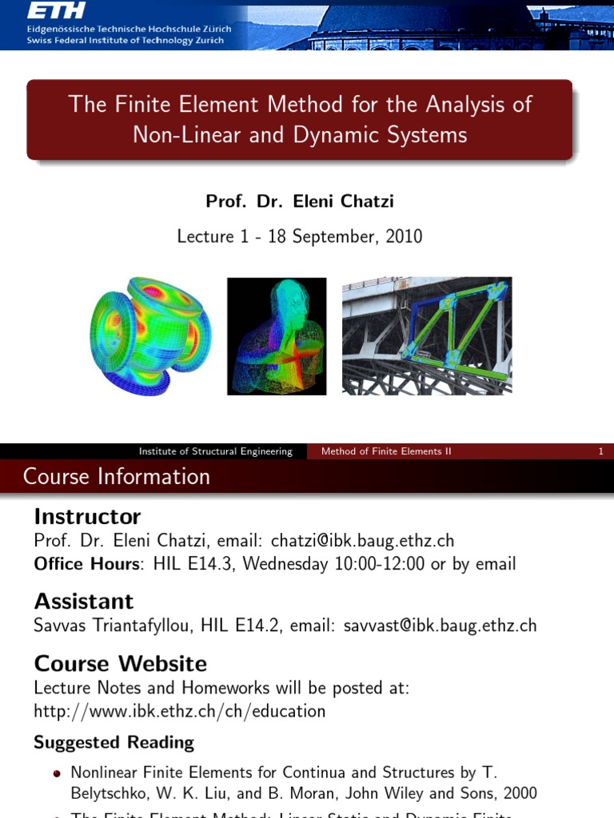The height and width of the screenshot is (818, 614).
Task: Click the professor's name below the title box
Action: click(x=300, y=201)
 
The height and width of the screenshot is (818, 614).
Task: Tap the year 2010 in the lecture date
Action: click(x=403, y=236)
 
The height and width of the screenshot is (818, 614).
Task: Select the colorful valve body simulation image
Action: click(x=150, y=336)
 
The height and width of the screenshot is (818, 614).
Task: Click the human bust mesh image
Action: click(x=277, y=336)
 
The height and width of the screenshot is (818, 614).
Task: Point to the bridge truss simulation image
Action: click(x=427, y=336)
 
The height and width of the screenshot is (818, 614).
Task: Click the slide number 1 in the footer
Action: click(x=600, y=451)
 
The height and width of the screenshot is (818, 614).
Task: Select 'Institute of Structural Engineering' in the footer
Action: click(x=216, y=451)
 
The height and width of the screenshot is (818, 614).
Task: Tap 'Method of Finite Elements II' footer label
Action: click(x=386, y=451)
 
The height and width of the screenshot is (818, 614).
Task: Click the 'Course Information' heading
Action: click(x=117, y=477)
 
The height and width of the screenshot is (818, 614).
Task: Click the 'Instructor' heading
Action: click(x=87, y=517)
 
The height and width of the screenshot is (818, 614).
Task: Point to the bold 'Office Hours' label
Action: click(x=86, y=564)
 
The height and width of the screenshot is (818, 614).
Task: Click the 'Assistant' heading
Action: click(x=84, y=601)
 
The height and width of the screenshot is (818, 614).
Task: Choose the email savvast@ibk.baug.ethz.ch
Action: click(x=440, y=625)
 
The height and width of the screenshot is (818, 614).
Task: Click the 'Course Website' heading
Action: click(x=120, y=664)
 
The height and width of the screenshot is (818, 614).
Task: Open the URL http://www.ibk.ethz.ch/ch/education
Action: click(x=180, y=711)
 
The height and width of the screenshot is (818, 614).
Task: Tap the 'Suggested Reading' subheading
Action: click(x=114, y=743)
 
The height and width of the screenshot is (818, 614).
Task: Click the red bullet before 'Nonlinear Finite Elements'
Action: click(x=56, y=774)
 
